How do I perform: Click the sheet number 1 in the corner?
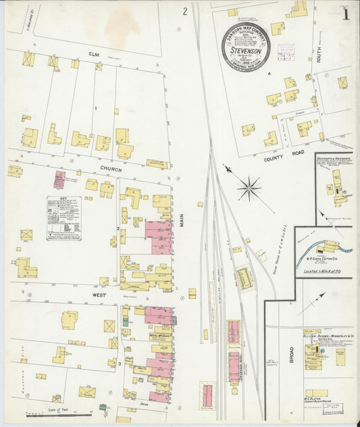[345, 14]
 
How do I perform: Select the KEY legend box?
[64, 218]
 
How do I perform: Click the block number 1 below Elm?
[96, 108]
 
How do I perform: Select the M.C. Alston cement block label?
[316, 399]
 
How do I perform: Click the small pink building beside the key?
[60, 180]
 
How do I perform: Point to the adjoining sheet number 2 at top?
[184, 11]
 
